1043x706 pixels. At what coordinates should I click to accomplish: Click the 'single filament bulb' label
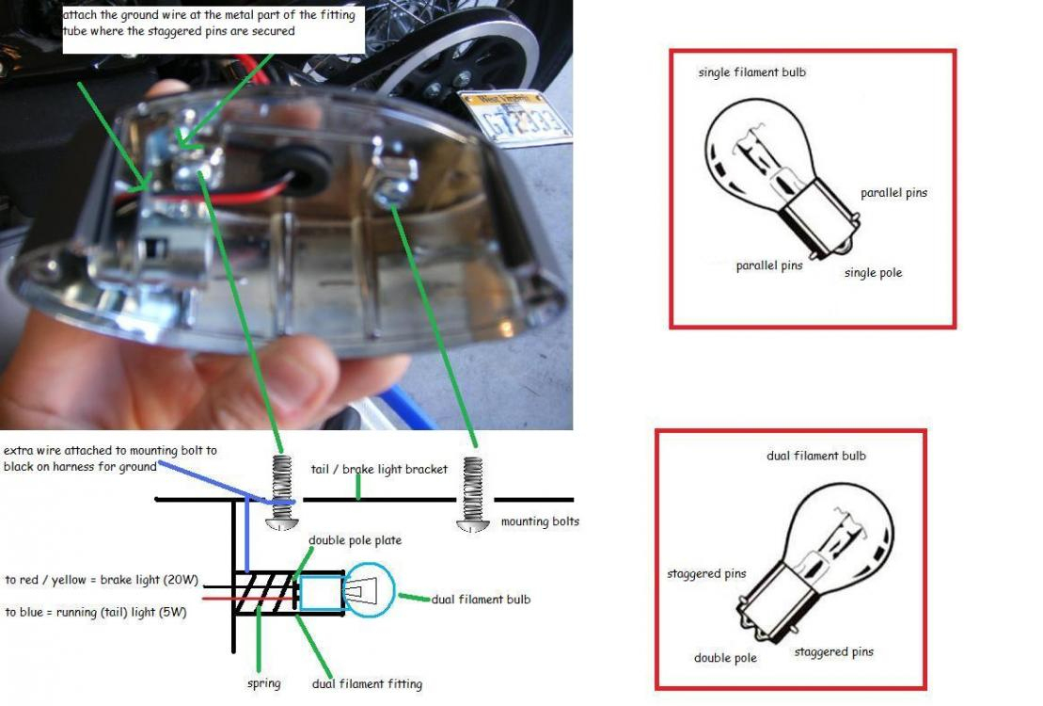click(x=751, y=72)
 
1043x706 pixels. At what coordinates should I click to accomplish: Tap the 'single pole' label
click(x=873, y=273)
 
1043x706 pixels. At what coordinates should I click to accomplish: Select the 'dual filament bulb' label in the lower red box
click(x=815, y=456)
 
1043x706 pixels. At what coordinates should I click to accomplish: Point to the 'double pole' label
click(x=725, y=658)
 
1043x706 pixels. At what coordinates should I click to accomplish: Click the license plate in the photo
click(x=514, y=114)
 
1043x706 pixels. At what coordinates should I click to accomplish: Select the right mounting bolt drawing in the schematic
click(x=473, y=495)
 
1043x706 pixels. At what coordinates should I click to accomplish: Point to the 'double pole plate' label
click(x=356, y=540)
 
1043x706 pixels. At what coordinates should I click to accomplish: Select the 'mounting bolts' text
click(x=540, y=521)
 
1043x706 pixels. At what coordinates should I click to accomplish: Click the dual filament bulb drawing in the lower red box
click(x=808, y=555)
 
